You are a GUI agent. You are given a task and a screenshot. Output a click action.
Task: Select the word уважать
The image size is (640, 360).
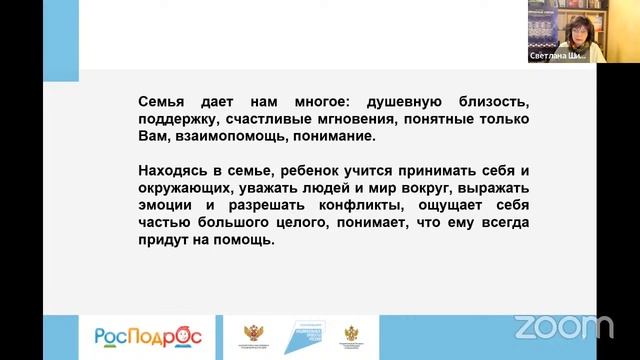(265, 188)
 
